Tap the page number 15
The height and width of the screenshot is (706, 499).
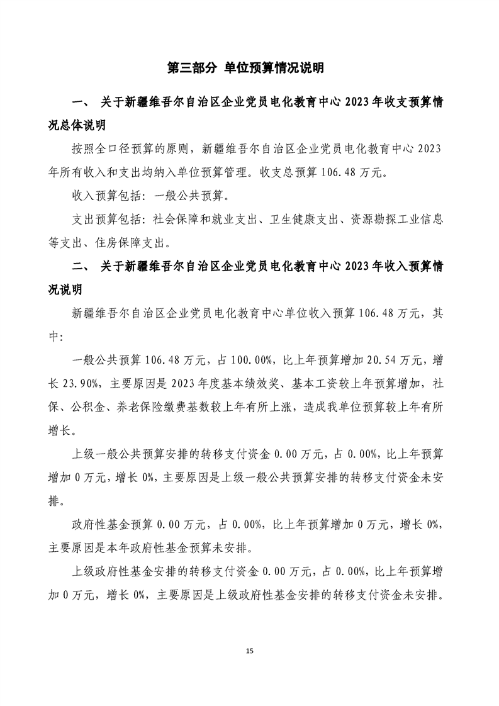tap(250, 650)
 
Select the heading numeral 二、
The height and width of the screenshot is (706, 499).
tap(82, 266)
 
